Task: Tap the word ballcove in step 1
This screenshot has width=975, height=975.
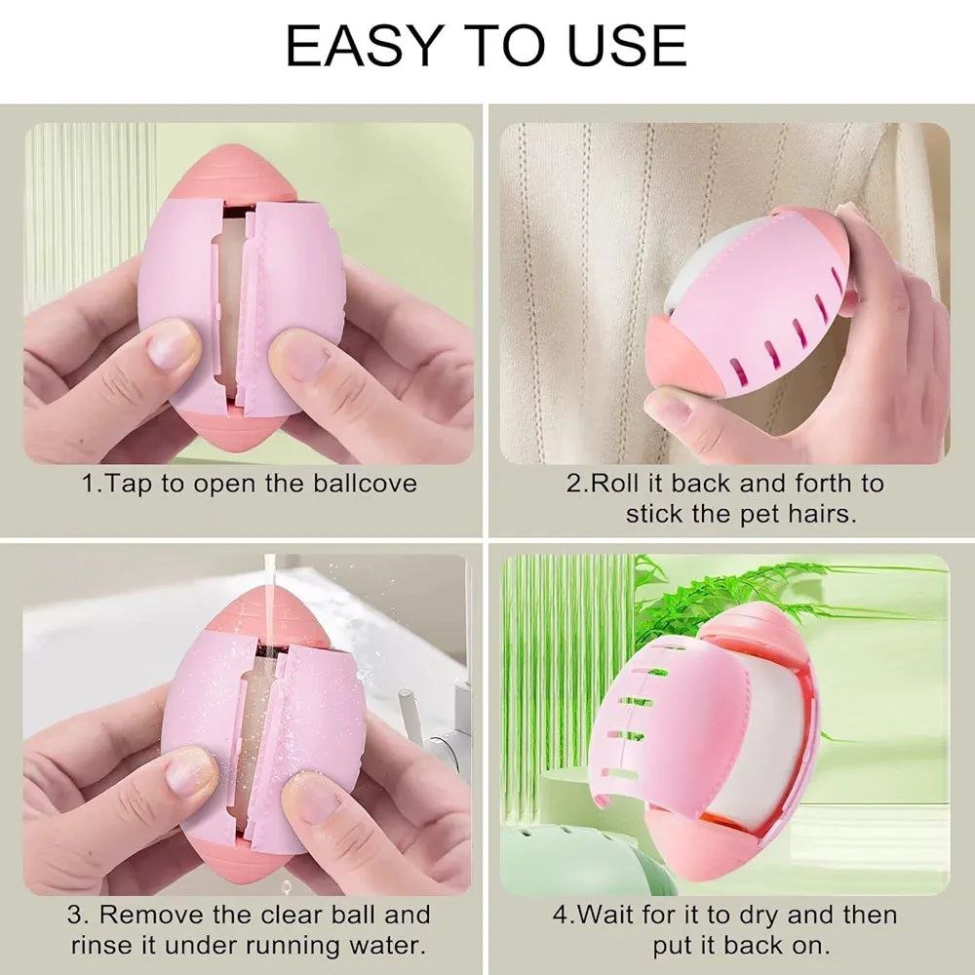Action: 365,484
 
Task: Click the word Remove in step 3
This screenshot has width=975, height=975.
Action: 152,915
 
